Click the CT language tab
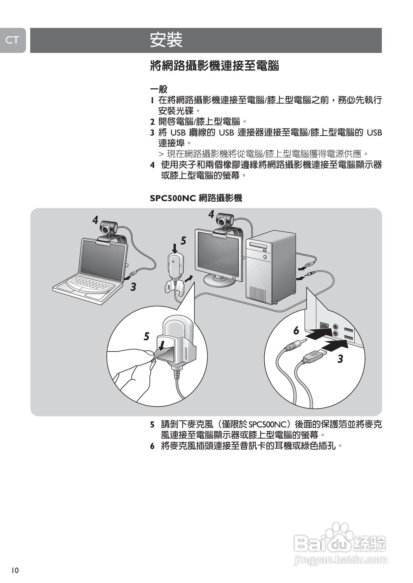tap(12, 40)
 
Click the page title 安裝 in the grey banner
tap(166, 40)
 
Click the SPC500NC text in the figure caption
tap(173, 198)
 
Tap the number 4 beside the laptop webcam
tap(95, 220)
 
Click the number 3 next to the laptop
tap(133, 287)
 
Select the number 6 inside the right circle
tap(296, 331)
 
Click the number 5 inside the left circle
tap(146, 336)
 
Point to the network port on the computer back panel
tap(324, 326)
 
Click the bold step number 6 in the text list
tap(152, 446)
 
